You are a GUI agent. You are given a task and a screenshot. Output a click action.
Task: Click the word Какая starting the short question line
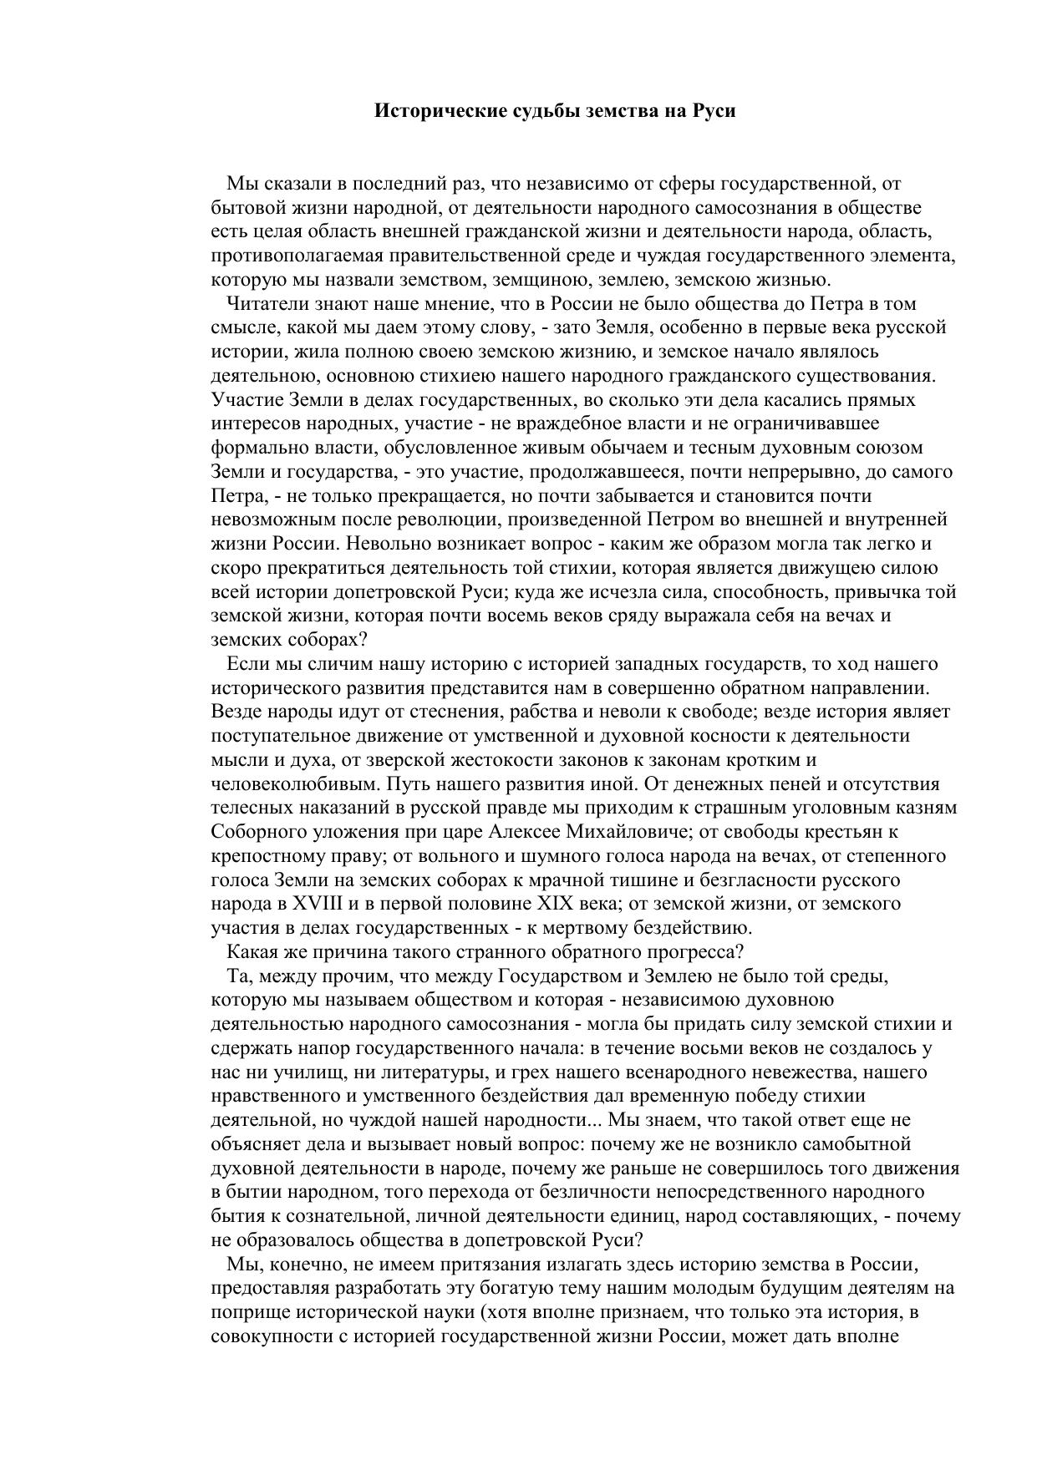(x=252, y=952)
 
